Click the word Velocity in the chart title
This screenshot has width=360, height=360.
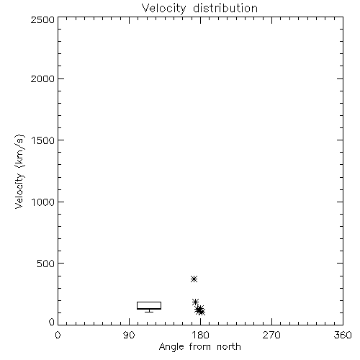click(x=164, y=9)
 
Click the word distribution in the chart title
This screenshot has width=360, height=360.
click(x=225, y=8)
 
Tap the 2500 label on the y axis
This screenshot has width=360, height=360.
click(x=42, y=19)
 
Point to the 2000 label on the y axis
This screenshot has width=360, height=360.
click(x=42, y=78)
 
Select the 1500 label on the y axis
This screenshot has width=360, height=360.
click(x=43, y=140)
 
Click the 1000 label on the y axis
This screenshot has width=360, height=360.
click(x=43, y=202)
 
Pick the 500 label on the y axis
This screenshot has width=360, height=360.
click(x=46, y=264)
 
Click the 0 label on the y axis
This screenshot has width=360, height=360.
click(x=52, y=322)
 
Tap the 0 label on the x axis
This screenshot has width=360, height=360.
click(x=58, y=335)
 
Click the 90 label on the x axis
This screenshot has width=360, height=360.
click(x=129, y=335)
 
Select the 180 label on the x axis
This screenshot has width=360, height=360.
click(x=200, y=335)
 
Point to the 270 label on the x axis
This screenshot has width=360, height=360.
click(x=271, y=335)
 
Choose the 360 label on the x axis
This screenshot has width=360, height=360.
click(x=343, y=335)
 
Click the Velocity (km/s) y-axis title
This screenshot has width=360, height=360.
click(x=19, y=171)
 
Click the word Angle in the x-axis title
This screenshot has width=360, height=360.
click(x=171, y=347)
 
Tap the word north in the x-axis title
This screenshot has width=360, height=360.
click(x=229, y=346)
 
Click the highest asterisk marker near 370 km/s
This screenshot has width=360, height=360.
click(x=194, y=279)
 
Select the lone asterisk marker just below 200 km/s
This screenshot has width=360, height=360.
click(x=195, y=302)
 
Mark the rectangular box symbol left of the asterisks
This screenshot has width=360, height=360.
click(x=149, y=302)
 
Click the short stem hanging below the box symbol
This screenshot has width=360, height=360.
click(x=149, y=311)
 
